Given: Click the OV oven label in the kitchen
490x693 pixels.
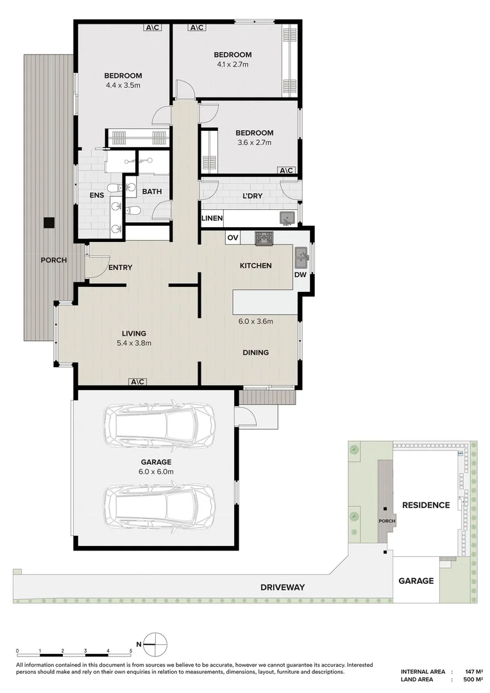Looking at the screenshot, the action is point(233,238).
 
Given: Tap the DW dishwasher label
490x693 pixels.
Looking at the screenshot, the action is point(300,275).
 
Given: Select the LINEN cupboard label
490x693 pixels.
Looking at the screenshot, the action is point(212,218).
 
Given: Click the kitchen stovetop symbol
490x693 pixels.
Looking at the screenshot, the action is point(264,238).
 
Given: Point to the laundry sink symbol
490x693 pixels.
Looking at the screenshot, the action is point(287,218).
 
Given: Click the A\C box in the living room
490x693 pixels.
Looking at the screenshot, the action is point(138,382).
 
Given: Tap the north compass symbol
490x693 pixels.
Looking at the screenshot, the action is point(155,644).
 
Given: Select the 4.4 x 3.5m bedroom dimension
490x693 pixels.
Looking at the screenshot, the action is point(123,85).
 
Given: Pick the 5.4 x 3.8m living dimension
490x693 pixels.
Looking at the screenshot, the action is point(134,343).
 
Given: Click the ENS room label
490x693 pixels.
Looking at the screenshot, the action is point(97,195).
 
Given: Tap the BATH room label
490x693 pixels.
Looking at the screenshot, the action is point(152,191).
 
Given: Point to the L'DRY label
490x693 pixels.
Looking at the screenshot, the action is point(253,196).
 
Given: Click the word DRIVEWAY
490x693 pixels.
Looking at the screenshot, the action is point(283,587).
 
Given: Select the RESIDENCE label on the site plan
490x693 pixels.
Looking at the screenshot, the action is point(426,505).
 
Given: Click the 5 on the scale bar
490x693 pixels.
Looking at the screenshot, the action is point(131,651).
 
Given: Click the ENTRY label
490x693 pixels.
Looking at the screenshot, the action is point(120,268).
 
